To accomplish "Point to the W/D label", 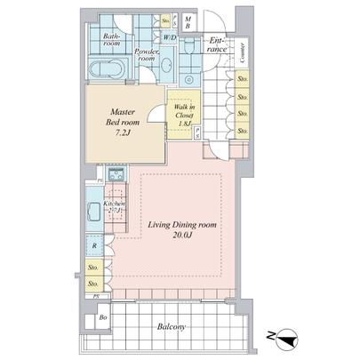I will (169, 39).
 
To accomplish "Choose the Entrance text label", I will (217, 44).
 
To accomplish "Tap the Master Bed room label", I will (122, 117).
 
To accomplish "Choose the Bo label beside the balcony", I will (103, 317).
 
